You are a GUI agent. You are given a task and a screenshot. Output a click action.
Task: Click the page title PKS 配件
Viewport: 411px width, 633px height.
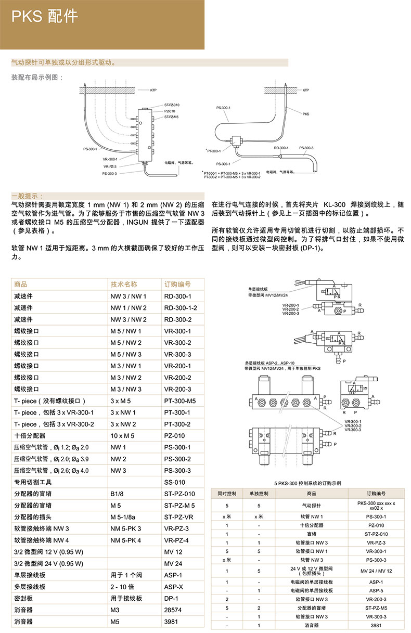tap(45, 17)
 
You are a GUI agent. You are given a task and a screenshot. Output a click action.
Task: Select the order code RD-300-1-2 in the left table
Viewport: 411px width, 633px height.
tap(181, 307)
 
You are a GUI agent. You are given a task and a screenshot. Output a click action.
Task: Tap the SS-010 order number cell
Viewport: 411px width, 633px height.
tap(175, 482)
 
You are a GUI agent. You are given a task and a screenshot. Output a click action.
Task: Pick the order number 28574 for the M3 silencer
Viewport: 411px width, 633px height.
tap(173, 610)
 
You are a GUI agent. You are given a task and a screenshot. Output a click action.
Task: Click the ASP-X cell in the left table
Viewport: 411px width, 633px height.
tap(173, 586)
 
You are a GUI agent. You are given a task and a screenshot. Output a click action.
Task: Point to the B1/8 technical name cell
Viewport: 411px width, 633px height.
tap(118, 494)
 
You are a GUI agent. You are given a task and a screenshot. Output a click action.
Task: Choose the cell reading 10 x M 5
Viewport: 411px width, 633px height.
tap(122, 435)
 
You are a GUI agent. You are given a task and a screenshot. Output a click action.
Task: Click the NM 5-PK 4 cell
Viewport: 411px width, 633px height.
tap(126, 540)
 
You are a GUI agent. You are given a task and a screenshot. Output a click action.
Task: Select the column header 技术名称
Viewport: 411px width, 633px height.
tap(124, 285)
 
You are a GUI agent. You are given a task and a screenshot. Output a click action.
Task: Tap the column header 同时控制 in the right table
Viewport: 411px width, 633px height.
tap(227, 493)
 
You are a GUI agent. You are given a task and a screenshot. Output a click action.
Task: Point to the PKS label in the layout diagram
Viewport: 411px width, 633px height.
tap(306, 113)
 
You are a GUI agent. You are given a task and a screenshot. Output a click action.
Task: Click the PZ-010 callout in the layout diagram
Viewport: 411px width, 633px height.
tap(170, 111)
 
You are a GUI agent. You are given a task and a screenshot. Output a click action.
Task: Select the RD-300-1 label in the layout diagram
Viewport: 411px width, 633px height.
tap(281, 148)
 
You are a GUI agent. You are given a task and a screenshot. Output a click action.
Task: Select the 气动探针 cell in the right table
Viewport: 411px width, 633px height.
tap(312, 505)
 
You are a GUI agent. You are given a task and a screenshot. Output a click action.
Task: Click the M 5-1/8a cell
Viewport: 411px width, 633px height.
tap(123, 517)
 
